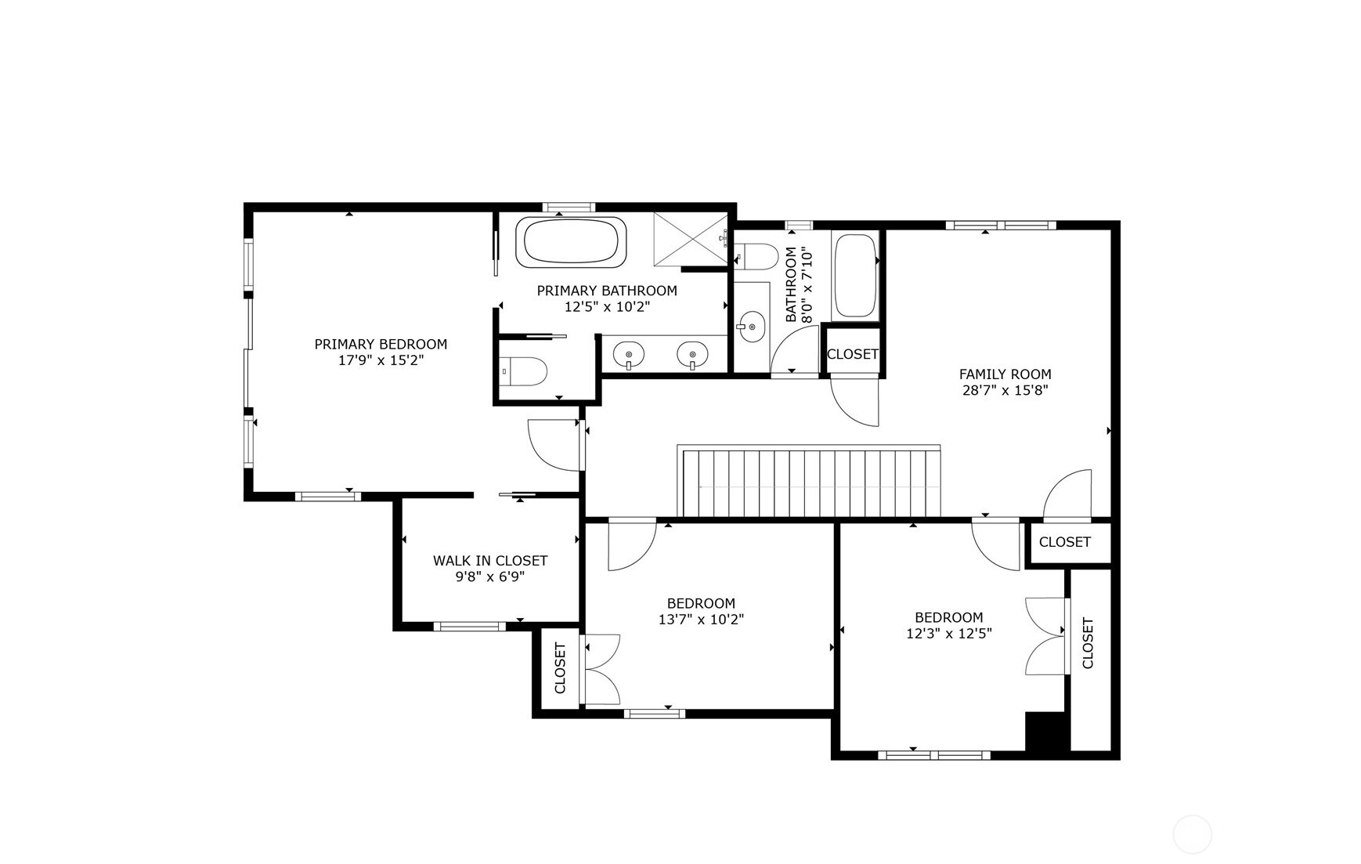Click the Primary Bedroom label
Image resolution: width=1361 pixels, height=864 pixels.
click(381, 344)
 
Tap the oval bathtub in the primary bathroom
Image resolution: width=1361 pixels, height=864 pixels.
click(571, 241)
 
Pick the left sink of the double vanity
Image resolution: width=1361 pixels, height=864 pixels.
click(628, 355)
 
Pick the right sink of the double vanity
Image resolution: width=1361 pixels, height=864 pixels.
click(692, 355)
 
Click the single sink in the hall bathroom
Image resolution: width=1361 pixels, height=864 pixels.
click(752, 325)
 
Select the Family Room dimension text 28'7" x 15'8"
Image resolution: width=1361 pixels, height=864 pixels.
click(1005, 390)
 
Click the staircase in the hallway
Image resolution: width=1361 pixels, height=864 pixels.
click(810, 483)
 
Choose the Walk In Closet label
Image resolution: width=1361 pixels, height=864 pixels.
click(490, 561)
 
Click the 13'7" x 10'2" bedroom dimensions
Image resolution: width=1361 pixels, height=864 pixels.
click(701, 620)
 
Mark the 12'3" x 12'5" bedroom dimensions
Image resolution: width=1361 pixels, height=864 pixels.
click(948, 633)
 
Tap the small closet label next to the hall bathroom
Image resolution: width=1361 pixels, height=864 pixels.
click(852, 354)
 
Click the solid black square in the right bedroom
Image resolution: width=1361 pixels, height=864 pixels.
click(1045, 732)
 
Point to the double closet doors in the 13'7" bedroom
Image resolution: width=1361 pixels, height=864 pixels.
click(601, 669)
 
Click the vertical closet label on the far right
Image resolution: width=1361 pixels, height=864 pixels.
click(1088, 643)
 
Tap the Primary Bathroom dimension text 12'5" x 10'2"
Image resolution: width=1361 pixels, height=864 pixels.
click(607, 306)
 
